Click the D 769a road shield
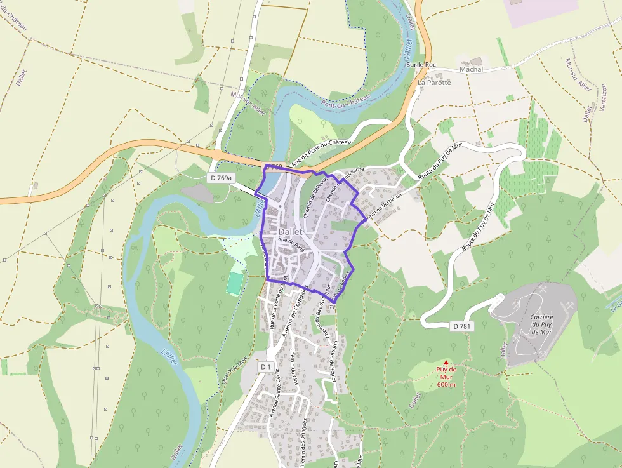tap(220, 178)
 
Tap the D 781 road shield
tap(463, 326)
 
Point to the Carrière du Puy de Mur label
tap(541, 324)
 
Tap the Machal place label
tap(470, 69)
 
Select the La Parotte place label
tap(434, 83)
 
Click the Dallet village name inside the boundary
tap(291, 232)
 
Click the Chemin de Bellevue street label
tap(315, 197)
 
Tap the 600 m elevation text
tap(446, 385)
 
